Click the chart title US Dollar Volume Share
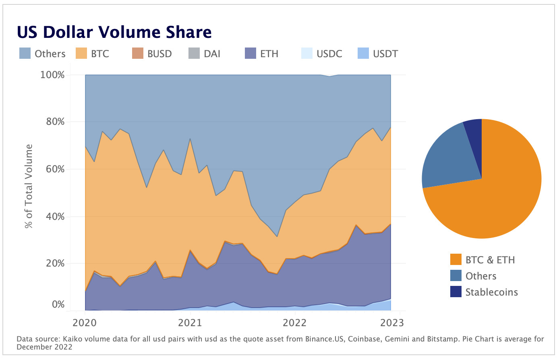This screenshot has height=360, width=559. [114, 32]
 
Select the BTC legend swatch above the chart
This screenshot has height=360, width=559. [81, 54]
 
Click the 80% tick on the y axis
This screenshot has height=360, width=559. [52, 122]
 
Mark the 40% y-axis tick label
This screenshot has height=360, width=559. [52, 217]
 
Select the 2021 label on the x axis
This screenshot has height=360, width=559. [190, 323]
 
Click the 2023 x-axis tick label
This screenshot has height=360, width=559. [391, 323]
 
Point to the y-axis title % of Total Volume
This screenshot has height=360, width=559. [29, 186]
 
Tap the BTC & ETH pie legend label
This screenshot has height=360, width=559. [490, 260]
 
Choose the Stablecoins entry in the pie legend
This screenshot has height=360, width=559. [491, 292]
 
